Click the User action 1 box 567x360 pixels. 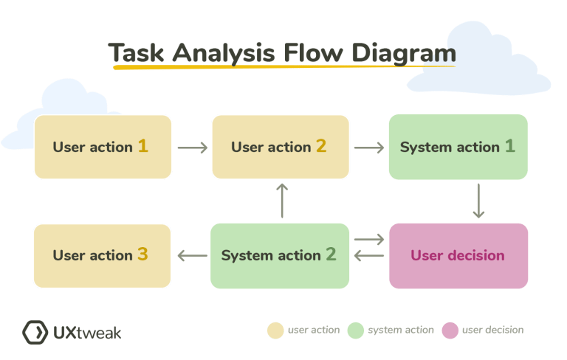(x=103, y=147)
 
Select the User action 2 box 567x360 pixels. (x=281, y=147)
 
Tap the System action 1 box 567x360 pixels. (x=458, y=147)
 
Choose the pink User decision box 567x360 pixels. (x=458, y=256)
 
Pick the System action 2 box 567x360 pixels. (x=280, y=256)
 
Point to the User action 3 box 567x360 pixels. (x=103, y=256)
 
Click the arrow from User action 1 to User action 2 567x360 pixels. (x=192, y=148)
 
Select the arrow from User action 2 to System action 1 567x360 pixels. (x=369, y=148)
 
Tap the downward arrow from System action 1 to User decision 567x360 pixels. (x=478, y=201)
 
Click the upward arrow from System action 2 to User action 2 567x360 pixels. (x=281, y=200)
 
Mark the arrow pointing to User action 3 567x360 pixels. (x=192, y=257)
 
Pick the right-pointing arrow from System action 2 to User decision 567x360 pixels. (x=369, y=240)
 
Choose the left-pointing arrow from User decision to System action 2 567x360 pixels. (x=369, y=257)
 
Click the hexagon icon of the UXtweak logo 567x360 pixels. (x=35, y=332)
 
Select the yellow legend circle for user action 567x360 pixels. (x=275, y=330)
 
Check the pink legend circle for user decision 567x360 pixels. (x=450, y=330)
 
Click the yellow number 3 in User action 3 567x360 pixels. (x=142, y=255)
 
